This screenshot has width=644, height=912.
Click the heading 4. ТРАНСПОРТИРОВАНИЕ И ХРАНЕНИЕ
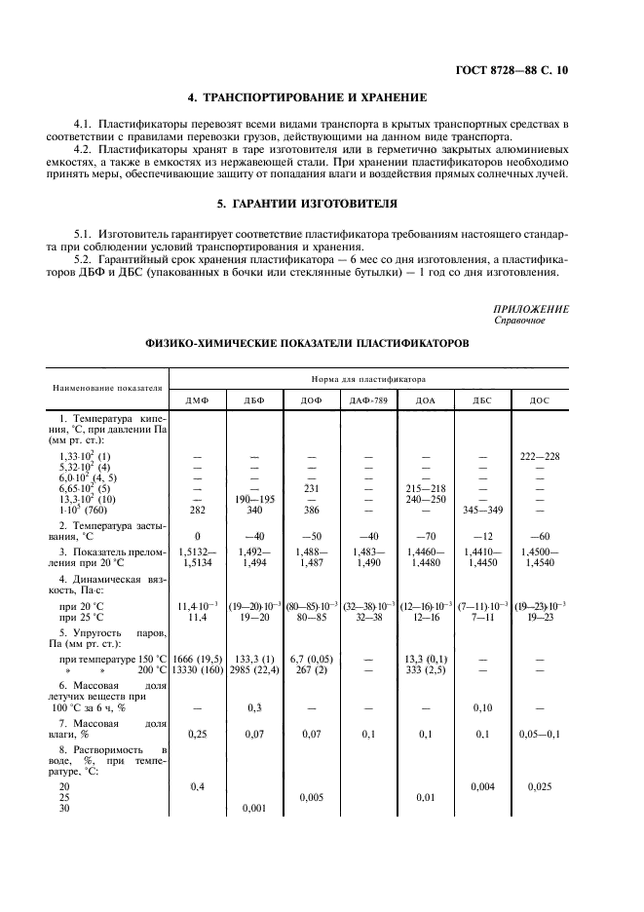307,97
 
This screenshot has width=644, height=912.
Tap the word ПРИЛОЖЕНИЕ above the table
531,309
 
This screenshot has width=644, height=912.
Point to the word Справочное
520,320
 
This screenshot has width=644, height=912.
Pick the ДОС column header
539,400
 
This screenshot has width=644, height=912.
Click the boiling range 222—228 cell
539,456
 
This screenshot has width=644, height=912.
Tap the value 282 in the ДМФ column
197,510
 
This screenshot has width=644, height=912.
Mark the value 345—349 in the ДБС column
481,510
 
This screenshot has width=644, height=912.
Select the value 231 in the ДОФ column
312,488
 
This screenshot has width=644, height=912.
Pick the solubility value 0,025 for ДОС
539,786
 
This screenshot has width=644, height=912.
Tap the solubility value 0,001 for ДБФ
254,808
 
